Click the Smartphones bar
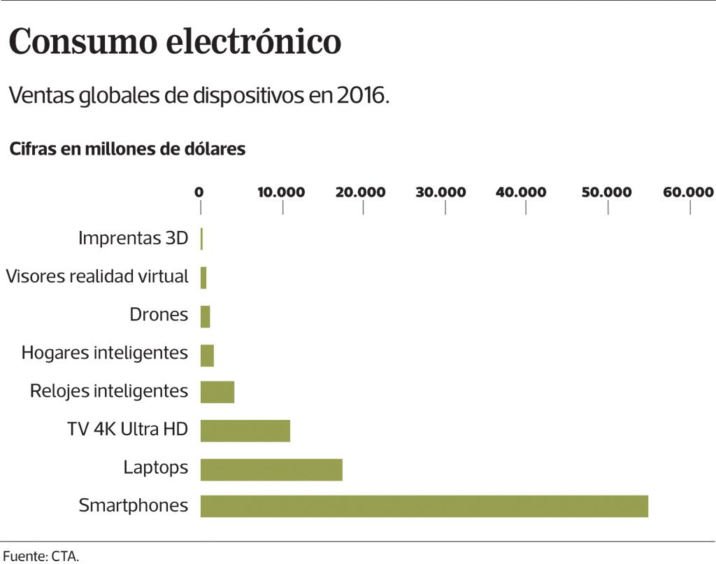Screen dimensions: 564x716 click(x=424, y=506)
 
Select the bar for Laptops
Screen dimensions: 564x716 click(x=271, y=470)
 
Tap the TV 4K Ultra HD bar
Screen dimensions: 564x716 click(x=245, y=430)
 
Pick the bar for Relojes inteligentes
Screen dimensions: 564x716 click(x=217, y=392)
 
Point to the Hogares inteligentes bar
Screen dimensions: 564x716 click(x=207, y=355)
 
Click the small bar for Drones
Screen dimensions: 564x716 click(x=205, y=316)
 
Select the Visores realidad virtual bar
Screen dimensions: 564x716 click(x=203, y=278)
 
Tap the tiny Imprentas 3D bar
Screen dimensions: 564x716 click(x=201, y=239)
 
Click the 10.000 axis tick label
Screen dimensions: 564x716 click(x=281, y=192)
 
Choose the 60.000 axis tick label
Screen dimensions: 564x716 click(x=689, y=192)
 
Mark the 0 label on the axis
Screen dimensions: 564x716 click(x=199, y=192)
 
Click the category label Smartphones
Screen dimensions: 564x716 click(x=134, y=505)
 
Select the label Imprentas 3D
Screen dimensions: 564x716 click(x=134, y=238)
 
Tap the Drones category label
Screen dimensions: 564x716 click(x=159, y=315)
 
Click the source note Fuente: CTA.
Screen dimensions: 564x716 click(x=41, y=557)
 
